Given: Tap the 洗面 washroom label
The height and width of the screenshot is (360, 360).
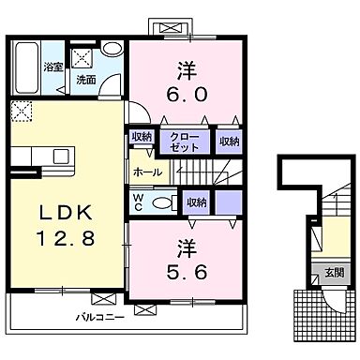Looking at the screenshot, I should point(85,80).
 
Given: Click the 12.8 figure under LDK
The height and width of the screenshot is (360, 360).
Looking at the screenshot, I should point(60,240).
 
